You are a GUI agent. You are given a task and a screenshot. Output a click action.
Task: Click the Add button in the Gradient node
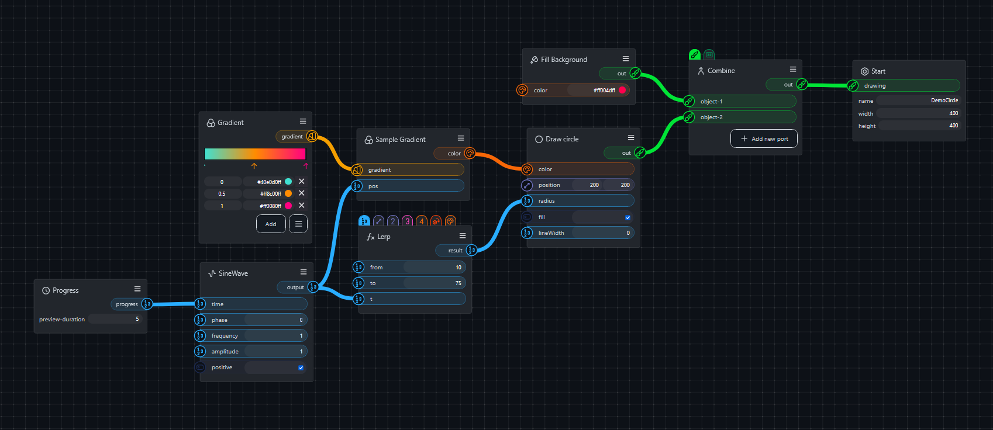[271, 224]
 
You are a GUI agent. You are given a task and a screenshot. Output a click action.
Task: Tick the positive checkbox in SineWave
[301, 367]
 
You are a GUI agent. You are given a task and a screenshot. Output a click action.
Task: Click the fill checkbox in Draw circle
[627, 217]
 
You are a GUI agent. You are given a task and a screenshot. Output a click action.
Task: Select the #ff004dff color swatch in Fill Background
[622, 90]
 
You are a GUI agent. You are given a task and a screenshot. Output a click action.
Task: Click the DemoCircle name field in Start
[918, 100]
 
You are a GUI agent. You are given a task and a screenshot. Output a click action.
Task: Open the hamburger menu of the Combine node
[792, 70]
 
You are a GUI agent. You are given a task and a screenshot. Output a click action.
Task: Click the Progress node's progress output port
[147, 304]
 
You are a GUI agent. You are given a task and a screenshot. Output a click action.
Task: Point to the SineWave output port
[313, 287]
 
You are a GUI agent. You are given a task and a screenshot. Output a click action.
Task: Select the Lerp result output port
[471, 250]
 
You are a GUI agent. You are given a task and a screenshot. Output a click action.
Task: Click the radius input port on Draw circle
[527, 201]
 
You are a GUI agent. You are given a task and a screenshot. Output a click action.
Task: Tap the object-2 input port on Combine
[689, 117]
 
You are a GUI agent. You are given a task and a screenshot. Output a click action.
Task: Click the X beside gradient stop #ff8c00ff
[301, 193]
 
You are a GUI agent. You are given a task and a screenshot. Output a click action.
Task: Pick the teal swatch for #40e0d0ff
[288, 182]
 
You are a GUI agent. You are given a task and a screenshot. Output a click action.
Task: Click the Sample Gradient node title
[400, 140]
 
